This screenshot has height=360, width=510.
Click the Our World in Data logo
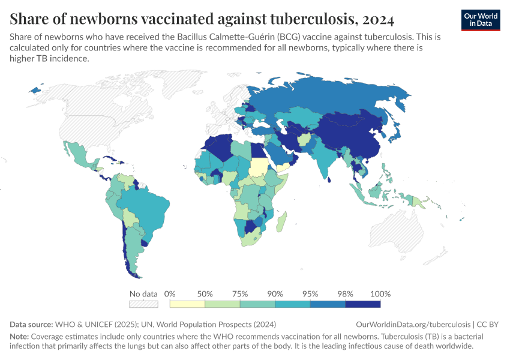pos(481,19)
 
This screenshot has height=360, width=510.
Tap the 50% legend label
pos(205,294)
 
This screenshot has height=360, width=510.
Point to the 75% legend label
pos(240,294)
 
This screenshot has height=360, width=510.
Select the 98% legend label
pos(346,294)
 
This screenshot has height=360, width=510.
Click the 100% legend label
pos(380,294)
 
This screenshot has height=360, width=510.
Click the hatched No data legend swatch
pos(143,304)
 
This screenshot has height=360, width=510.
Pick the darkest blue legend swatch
pos(363,304)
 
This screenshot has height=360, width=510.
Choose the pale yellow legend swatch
pos(187,304)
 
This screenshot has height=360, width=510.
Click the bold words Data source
pos(31,325)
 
